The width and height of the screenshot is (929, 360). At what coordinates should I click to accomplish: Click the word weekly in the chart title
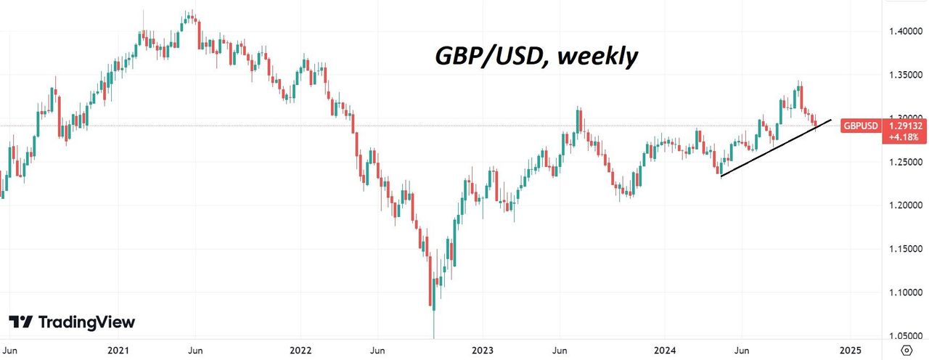597,56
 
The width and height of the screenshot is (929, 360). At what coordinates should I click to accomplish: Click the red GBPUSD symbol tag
861,126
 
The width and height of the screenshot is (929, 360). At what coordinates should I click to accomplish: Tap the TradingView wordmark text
86,322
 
